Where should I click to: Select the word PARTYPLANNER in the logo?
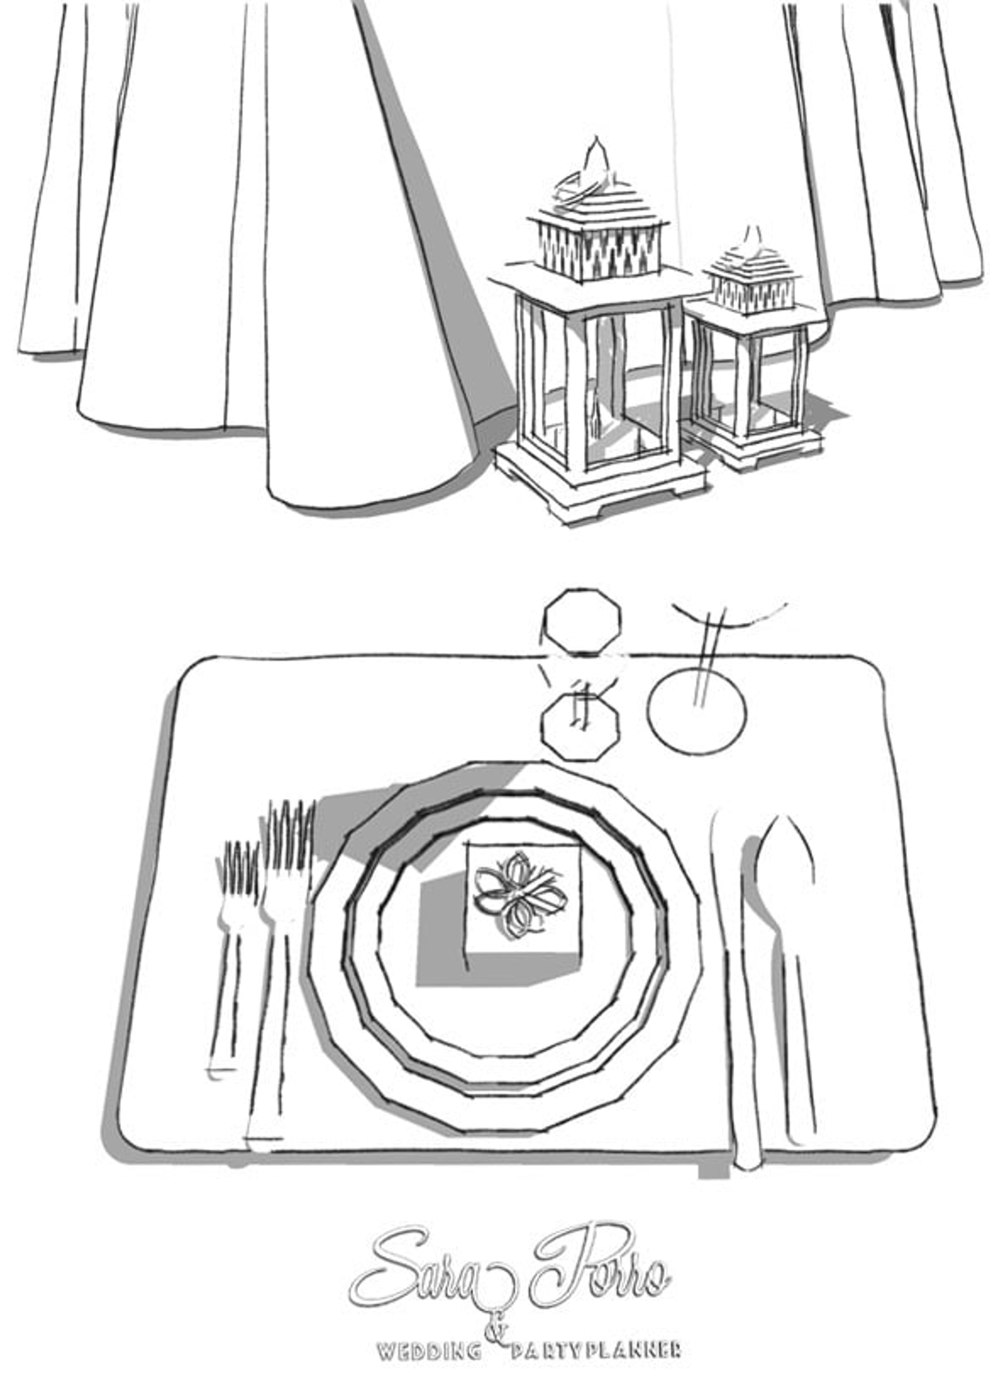click(x=595, y=1350)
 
